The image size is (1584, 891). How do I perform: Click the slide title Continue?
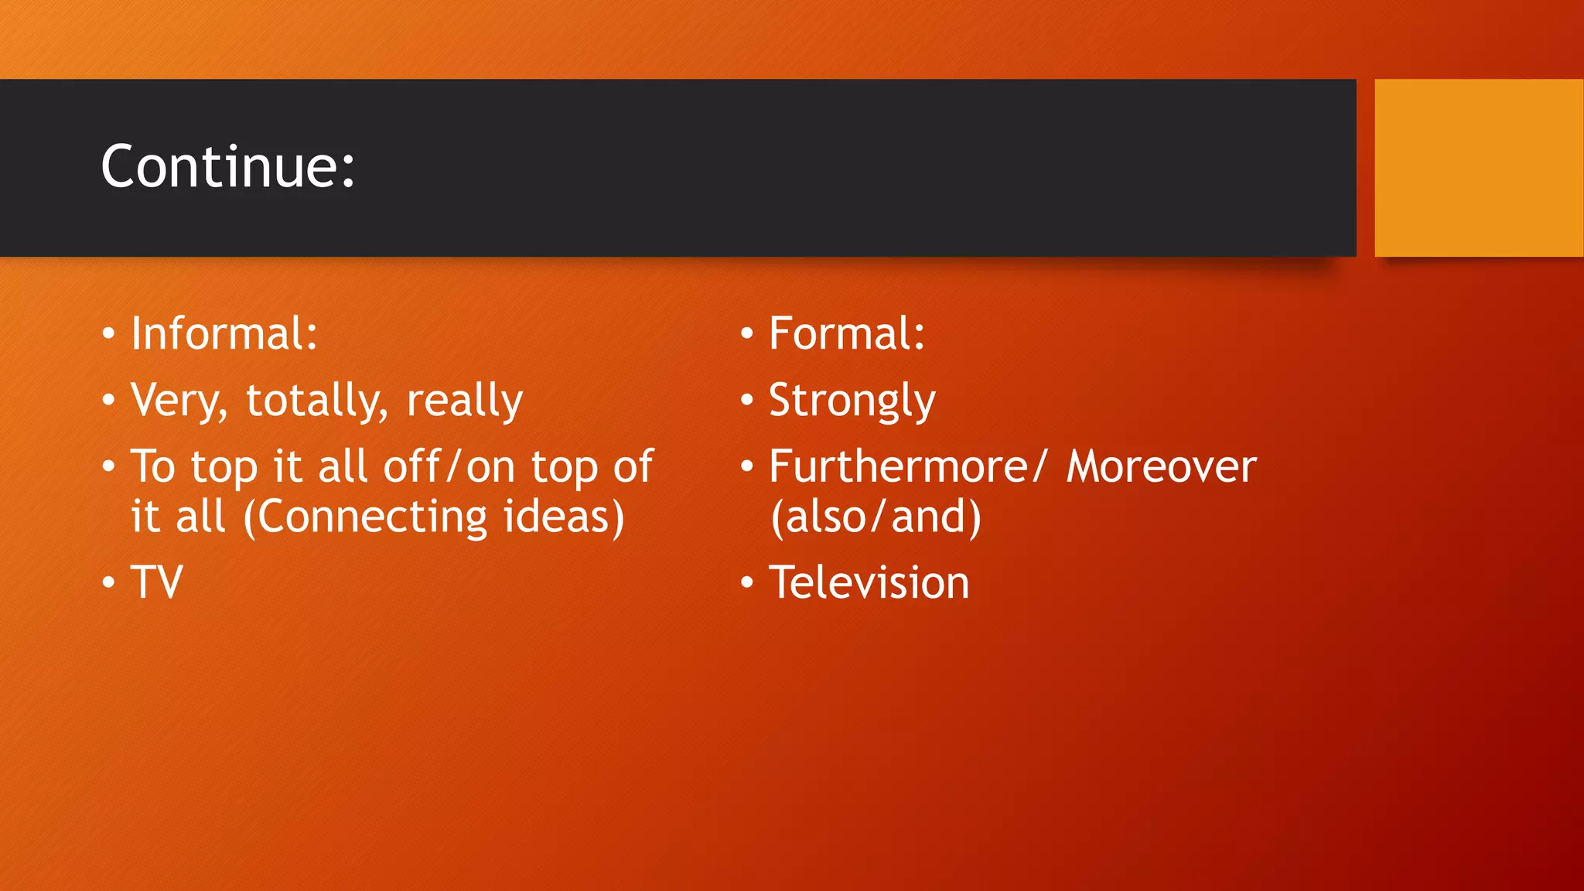228,166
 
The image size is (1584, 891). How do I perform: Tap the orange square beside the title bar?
1479,168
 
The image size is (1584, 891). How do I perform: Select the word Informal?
224,333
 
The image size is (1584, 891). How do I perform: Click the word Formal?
847,333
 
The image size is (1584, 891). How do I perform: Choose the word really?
465,401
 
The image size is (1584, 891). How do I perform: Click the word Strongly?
852,401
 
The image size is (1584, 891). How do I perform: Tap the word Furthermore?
905,466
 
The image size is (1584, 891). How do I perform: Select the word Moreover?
1162,466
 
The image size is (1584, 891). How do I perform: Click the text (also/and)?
876,517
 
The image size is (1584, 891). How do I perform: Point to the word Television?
869,582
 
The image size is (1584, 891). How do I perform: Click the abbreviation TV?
157,582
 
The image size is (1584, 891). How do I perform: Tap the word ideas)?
564,517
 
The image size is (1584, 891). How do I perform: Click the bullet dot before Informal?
108,334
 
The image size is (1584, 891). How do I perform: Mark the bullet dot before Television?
746,582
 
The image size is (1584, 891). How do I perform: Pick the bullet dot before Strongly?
746,401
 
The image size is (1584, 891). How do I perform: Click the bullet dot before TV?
108,582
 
